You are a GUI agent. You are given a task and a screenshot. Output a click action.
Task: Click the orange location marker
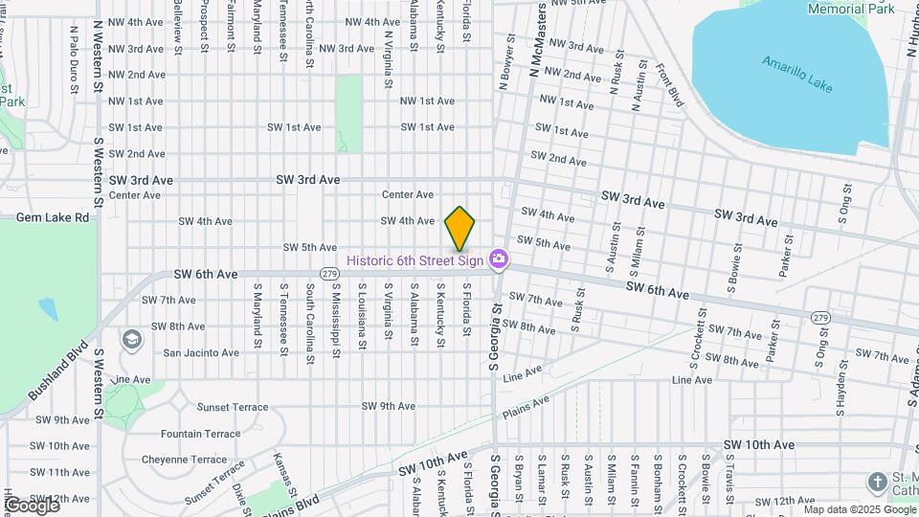[x=460, y=229]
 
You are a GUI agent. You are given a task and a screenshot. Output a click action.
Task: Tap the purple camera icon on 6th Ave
[x=498, y=259]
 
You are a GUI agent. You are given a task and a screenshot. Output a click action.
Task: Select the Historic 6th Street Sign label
[x=415, y=259]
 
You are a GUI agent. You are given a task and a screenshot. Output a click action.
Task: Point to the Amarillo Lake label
[x=797, y=75]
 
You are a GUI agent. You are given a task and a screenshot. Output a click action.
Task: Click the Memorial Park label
[x=851, y=9]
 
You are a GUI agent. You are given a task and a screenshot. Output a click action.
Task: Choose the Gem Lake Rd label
[x=53, y=217]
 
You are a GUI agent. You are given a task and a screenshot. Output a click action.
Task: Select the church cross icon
[x=877, y=482]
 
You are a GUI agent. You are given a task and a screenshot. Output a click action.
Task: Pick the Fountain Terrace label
[x=201, y=434]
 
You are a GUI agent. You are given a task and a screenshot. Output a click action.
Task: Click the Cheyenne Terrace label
[x=184, y=460]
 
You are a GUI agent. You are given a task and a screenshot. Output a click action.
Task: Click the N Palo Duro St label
[x=74, y=59]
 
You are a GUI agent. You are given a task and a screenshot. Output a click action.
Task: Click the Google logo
[x=32, y=505]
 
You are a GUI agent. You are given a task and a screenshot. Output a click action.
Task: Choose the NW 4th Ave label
[x=136, y=22]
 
